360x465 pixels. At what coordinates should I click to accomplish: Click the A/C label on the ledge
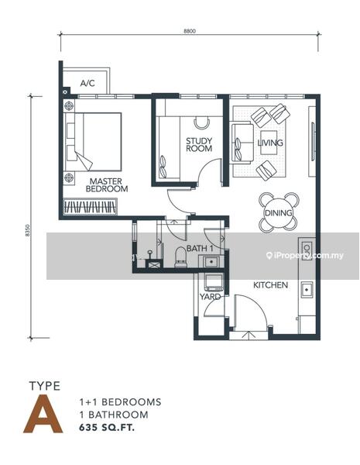87,83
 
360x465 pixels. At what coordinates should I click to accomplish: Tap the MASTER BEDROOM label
107,185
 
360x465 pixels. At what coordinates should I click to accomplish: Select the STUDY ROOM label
199,145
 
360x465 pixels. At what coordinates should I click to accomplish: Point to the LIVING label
270,143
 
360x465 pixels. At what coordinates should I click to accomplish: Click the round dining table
279,212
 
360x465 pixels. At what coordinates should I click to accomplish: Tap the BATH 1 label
200,248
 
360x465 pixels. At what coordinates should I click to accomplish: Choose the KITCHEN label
270,285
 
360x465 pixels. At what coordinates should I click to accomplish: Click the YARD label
210,297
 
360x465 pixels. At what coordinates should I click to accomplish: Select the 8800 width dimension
190,31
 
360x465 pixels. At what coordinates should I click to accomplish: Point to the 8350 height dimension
28,230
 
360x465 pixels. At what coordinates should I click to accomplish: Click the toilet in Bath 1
180,257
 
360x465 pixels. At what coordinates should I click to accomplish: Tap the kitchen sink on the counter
307,289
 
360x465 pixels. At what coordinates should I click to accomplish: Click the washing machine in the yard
214,282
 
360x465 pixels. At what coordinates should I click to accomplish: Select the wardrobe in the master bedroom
90,207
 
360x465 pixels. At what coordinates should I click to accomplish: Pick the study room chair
202,123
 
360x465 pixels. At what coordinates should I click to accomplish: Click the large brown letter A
43,415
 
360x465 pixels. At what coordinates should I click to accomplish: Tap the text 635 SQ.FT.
107,428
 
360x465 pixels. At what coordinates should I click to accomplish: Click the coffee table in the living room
269,143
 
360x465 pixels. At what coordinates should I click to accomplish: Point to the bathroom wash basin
211,262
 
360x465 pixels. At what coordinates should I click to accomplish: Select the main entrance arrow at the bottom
249,336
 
